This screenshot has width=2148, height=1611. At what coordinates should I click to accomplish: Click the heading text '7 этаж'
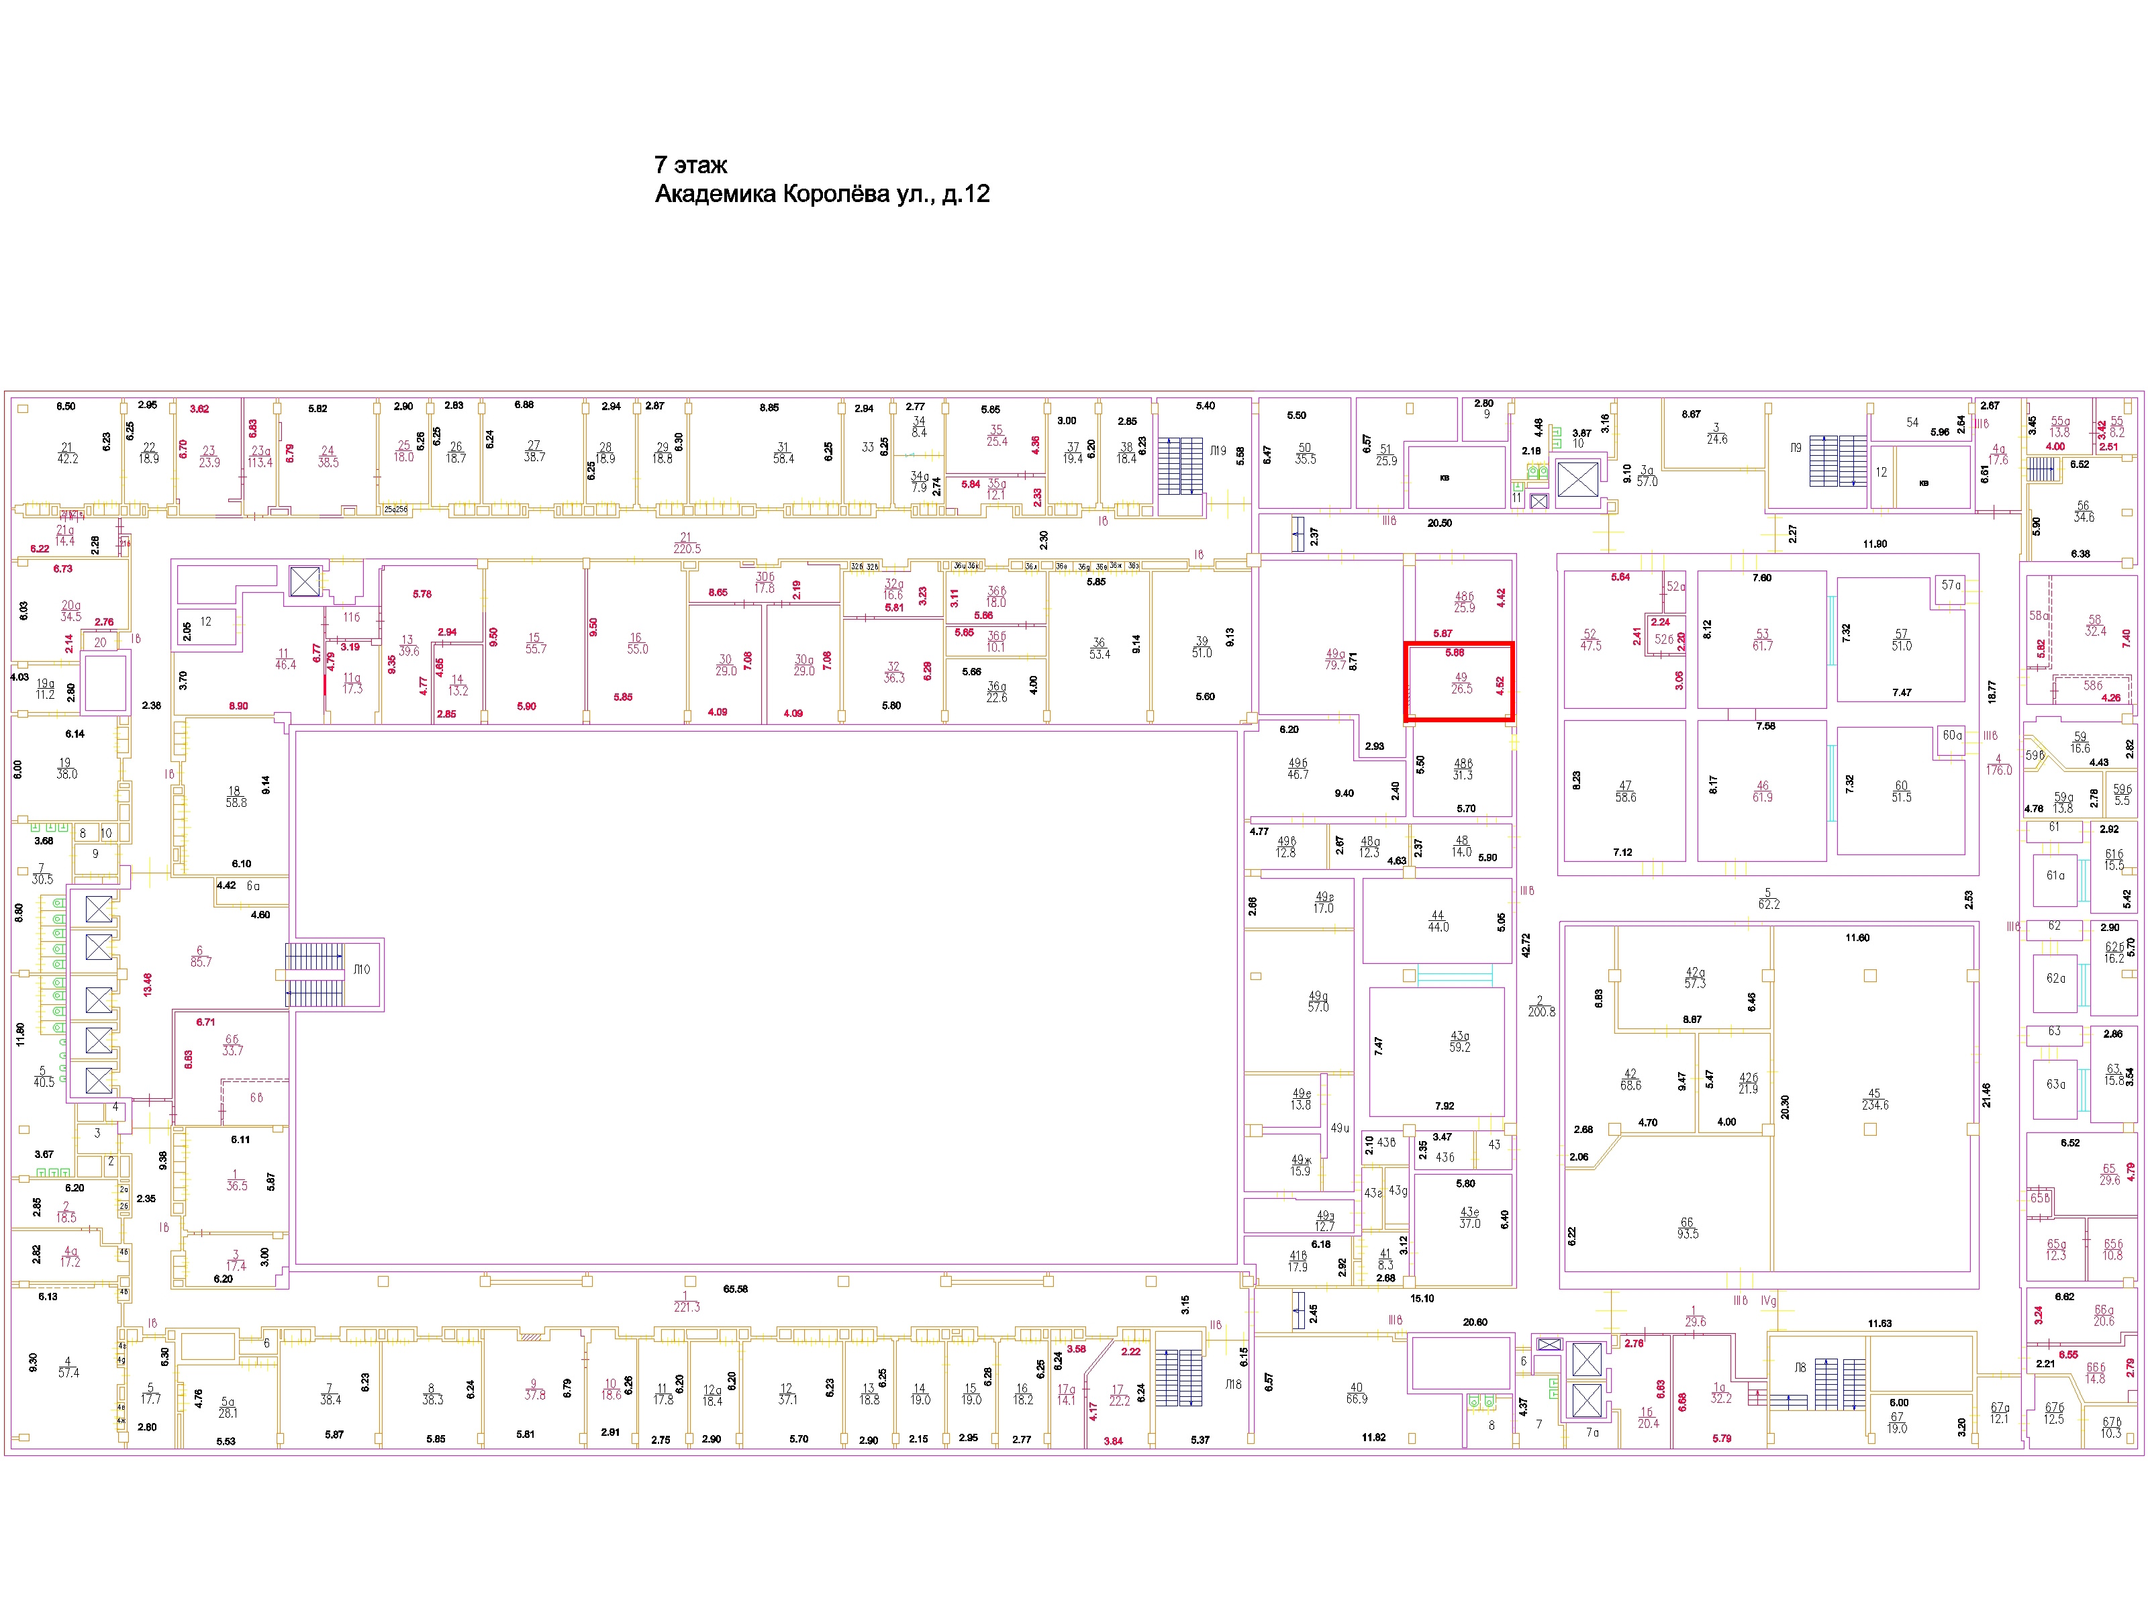pyautogui.click(x=691, y=165)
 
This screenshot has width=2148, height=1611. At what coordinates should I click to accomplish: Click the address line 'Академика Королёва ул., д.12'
pyautogui.click(x=822, y=194)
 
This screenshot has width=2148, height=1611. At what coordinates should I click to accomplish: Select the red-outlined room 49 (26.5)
pyautogui.click(x=1459, y=682)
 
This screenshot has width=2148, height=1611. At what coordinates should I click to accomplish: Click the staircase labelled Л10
pyautogui.click(x=360, y=969)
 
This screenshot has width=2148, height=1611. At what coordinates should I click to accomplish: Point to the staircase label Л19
pyautogui.click(x=1217, y=450)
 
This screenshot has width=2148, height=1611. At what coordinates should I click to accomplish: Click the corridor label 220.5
pyautogui.click(x=687, y=548)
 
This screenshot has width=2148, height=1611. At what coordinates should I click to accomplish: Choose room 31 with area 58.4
pyautogui.click(x=783, y=454)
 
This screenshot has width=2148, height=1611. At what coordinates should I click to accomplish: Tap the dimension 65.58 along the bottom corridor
pyautogui.click(x=735, y=1289)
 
